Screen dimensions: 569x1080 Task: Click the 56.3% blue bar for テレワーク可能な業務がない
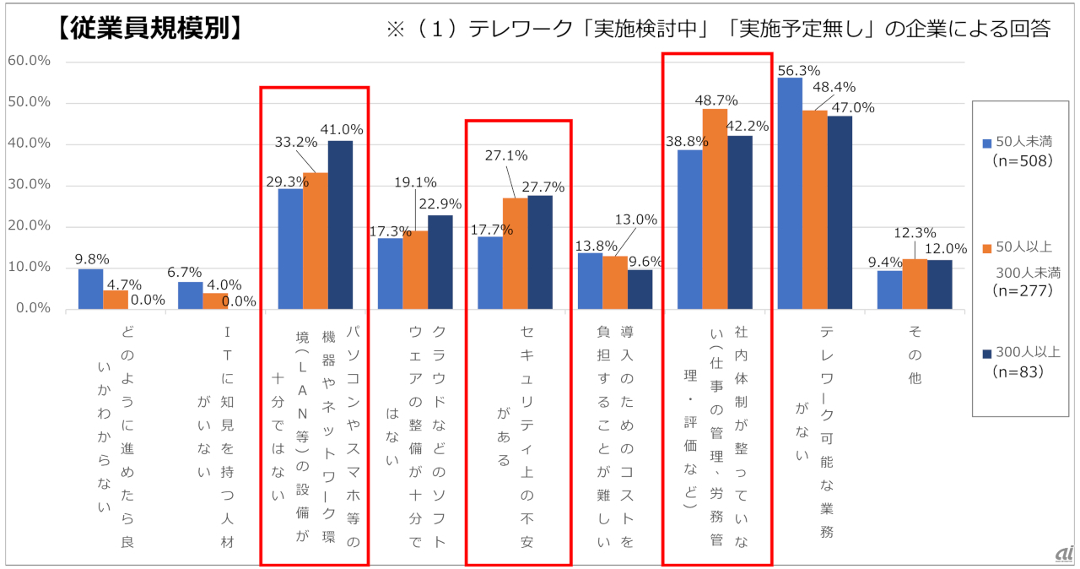790,193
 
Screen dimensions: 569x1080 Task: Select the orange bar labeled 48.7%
715,209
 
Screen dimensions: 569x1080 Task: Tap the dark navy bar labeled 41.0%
340,225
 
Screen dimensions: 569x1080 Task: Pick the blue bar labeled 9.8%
91,289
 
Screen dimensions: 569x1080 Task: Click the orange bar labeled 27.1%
515,253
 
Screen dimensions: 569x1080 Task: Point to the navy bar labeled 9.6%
640,289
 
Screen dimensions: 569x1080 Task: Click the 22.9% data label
443,203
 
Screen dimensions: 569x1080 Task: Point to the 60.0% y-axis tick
29,62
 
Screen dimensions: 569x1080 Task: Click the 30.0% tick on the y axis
29,185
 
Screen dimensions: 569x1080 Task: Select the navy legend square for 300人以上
987,353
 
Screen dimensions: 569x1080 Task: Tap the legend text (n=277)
1023,291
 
